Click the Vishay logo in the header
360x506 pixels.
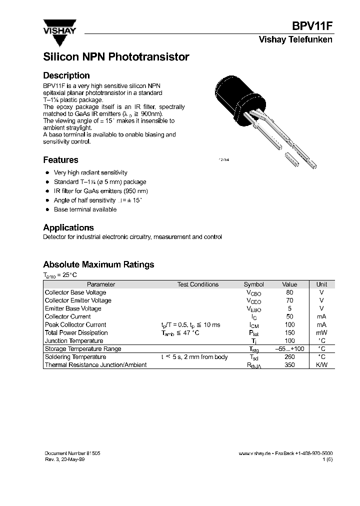(59, 26)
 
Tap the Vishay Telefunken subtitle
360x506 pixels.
(295, 40)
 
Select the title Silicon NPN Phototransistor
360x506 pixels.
(116, 57)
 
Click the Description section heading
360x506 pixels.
(66, 75)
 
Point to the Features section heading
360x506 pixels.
(60, 160)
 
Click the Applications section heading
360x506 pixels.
(68, 227)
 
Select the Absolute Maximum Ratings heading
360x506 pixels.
(98, 264)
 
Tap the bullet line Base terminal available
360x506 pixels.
(85, 209)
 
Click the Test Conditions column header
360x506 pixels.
(198, 284)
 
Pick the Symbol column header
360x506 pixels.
(253, 284)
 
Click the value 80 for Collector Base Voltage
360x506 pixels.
(289, 292)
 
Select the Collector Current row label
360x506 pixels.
(67, 316)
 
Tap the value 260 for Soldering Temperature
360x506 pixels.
(289, 357)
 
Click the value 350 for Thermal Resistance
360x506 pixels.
(289, 365)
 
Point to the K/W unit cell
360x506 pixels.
(321, 365)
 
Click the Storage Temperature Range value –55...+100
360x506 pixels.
(289, 349)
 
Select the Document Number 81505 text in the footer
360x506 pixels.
(72, 453)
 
